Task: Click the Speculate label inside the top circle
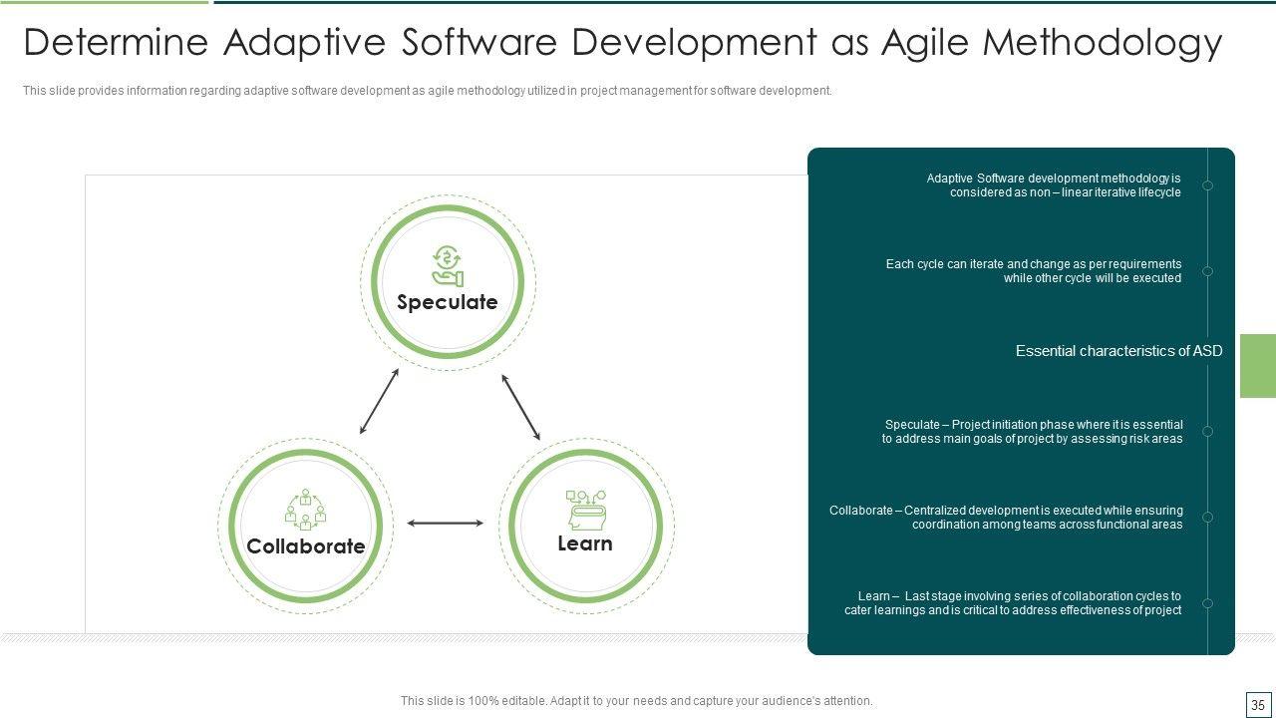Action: pyautogui.click(x=448, y=302)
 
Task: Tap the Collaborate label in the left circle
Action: pyautogui.click(x=306, y=545)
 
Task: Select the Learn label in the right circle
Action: pyautogui.click(x=585, y=543)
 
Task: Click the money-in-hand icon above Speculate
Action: pyautogui.click(x=448, y=266)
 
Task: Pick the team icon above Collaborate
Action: pyautogui.click(x=305, y=510)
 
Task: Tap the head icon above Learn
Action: pyautogui.click(x=586, y=510)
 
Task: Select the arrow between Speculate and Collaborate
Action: pyautogui.click(x=380, y=401)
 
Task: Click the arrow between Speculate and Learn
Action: pyautogui.click(x=520, y=407)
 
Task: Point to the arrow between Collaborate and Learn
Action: pyautogui.click(x=445, y=523)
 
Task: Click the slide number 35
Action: pyautogui.click(x=1258, y=705)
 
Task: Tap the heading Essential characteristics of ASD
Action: pyautogui.click(x=1118, y=351)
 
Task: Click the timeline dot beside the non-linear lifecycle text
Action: pyautogui.click(x=1207, y=185)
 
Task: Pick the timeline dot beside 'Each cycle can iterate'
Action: pyautogui.click(x=1207, y=271)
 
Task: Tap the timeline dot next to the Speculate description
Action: pyautogui.click(x=1207, y=432)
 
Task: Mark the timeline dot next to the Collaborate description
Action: pyautogui.click(x=1207, y=517)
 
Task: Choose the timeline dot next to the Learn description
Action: pyautogui.click(x=1207, y=603)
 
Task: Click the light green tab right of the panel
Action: pyautogui.click(x=1258, y=366)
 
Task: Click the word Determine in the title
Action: pyautogui.click(x=116, y=42)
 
